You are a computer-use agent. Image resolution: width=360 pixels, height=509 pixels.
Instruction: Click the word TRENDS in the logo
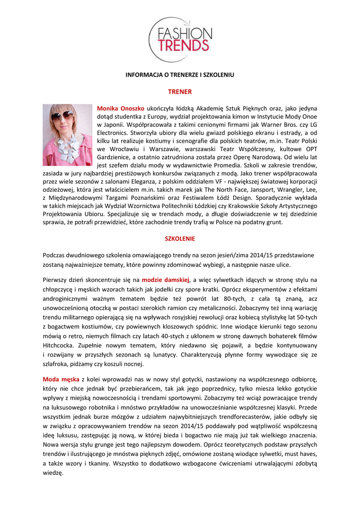coord(183,45)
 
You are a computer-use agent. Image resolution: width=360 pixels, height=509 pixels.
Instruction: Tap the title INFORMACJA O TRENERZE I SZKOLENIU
coord(180,75)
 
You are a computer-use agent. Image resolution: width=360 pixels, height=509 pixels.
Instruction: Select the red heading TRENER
coord(180,92)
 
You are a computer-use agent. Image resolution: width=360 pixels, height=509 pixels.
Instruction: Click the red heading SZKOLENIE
coord(180,239)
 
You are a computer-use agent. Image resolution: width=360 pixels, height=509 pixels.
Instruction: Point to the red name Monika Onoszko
coord(121,108)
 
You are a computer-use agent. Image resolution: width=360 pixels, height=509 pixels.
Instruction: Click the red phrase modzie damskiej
coord(166,280)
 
